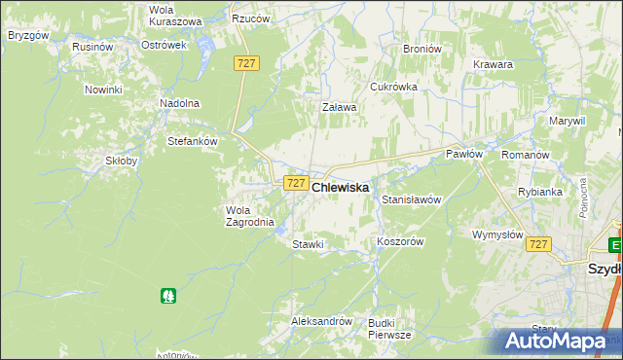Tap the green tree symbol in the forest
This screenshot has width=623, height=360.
coord(169,295)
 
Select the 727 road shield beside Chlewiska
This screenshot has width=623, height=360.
coord(296,183)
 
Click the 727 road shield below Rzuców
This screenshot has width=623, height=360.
coord(246,62)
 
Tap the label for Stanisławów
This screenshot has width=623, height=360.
coord(412,199)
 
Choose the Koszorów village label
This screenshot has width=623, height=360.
coord(399,242)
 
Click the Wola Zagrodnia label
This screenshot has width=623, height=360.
coord(243,215)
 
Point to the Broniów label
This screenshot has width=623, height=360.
coord(421,49)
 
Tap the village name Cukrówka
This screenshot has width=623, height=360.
coord(393,87)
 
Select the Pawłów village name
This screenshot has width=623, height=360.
coord(464,154)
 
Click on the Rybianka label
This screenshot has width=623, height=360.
coord(540,192)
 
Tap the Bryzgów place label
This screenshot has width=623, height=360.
coord(28,35)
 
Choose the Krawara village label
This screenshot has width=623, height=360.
coord(494,64)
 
